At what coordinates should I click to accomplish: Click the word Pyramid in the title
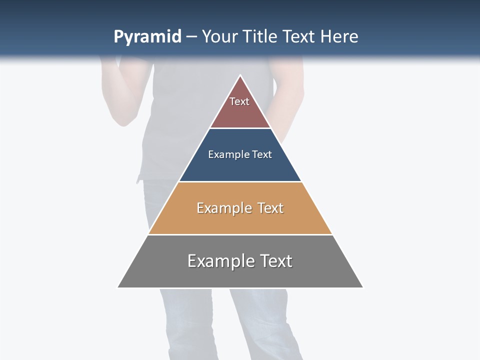point(147,37)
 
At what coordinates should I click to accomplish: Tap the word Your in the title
point(220,37)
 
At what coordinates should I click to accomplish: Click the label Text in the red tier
point(239,101)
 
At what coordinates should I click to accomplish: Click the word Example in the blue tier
point(223,154)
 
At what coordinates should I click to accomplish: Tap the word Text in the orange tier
point(270,208)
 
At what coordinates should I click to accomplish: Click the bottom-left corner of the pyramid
point(118,287)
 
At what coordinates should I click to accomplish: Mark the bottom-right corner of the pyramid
point(362,287)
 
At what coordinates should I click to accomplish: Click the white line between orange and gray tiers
point(240,234)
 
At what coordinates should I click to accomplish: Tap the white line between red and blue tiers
point(240,128)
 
